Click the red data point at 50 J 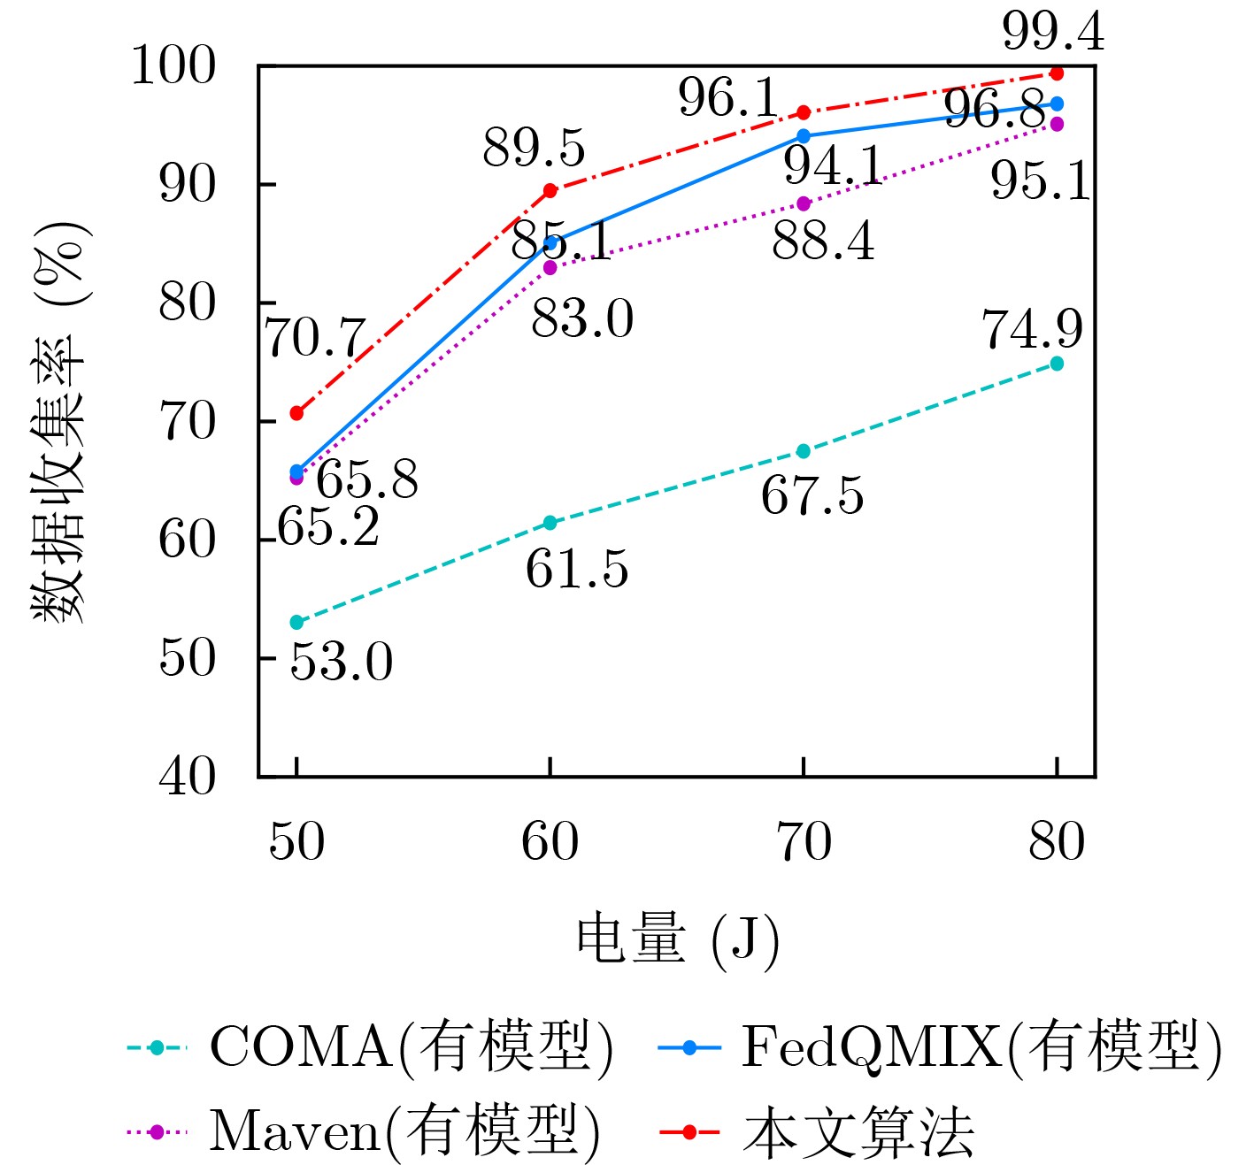point(296,413)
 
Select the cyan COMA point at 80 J point(1056,364)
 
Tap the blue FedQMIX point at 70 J point(804,136)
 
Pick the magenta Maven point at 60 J point(550,267)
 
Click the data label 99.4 point(1053,34)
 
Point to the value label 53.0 point(342,663)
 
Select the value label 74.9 point(1032,330)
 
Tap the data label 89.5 point(534,148)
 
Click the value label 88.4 point(823,241)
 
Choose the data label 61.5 point(577,570)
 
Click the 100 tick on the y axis point(173,66)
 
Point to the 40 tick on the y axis point(187,778)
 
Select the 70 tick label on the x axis point(804,842)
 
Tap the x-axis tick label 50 point(296,842)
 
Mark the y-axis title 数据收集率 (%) point(60,421)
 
